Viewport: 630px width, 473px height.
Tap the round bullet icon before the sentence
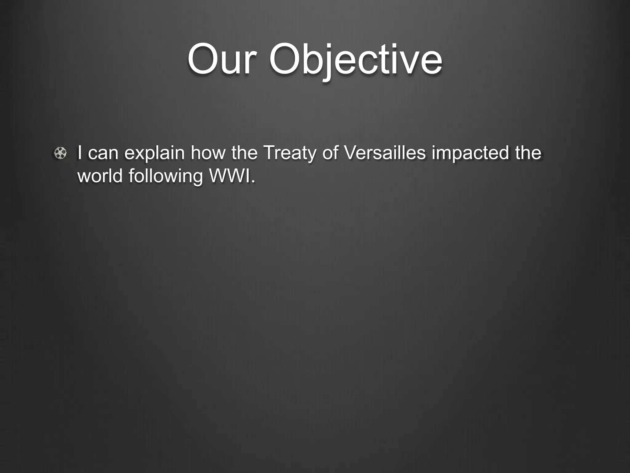click(60, 153)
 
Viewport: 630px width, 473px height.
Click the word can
click(102, 153)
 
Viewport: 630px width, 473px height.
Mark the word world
click(100, 176)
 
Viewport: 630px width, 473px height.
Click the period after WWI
click(253, 181)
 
